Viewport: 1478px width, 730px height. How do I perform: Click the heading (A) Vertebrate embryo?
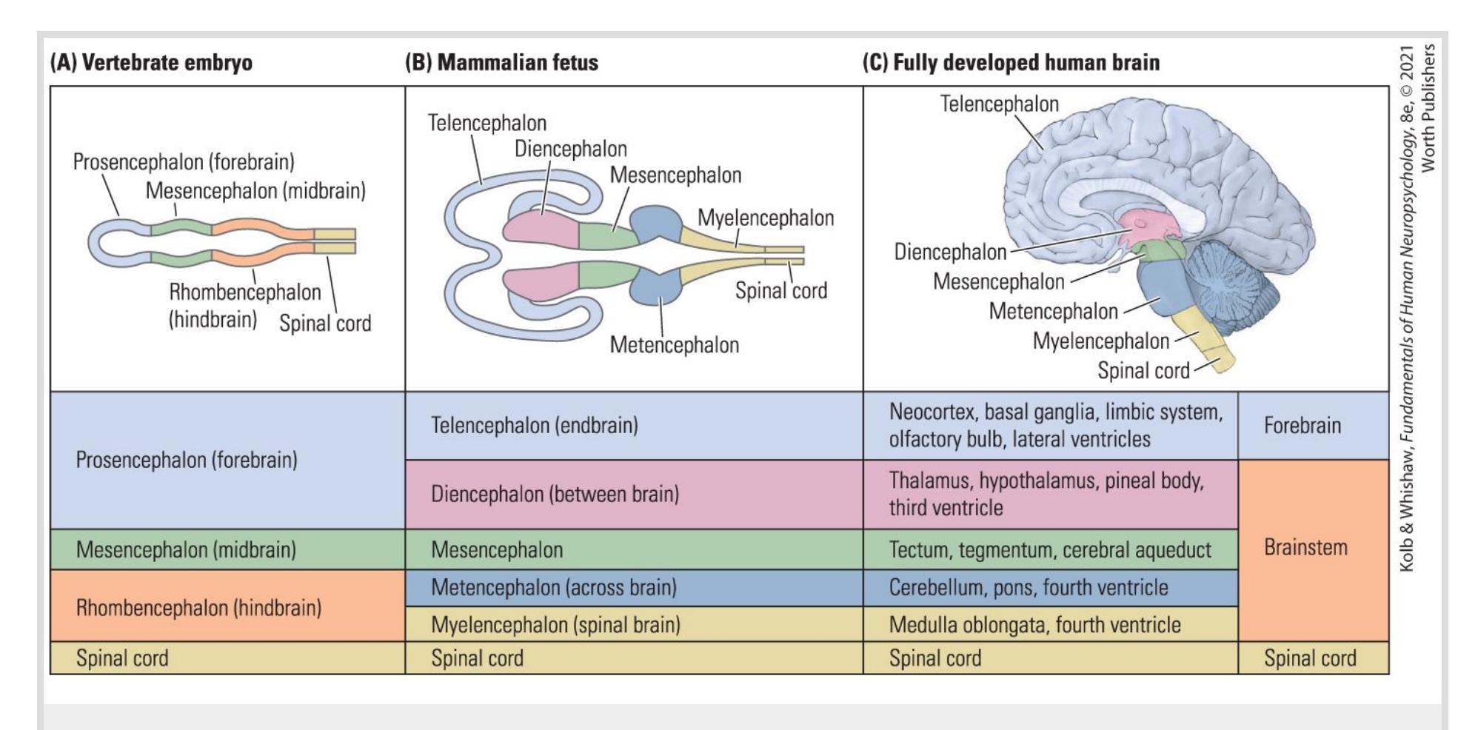[151, 62]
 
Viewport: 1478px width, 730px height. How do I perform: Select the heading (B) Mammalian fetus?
[501, 62]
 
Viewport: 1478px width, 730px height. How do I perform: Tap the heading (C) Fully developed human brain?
[1011, 62]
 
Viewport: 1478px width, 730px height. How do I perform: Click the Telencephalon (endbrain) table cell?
[634, 426]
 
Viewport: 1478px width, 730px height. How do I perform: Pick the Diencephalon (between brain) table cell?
[634, 494]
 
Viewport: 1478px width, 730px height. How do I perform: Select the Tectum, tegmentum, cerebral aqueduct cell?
[1050, 550]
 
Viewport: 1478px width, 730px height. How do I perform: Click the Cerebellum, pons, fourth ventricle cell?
[1050, 588]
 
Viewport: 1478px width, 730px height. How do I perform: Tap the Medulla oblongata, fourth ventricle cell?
[1050, 625]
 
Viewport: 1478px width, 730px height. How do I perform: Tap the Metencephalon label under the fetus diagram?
[674, 345]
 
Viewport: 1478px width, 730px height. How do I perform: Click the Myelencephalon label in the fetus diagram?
[766, 218]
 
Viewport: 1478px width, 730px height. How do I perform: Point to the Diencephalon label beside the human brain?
[950, 252]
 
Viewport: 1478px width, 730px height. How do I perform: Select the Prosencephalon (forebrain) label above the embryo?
[184, 162]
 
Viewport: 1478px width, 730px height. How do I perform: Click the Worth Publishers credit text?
[1429, 108]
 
